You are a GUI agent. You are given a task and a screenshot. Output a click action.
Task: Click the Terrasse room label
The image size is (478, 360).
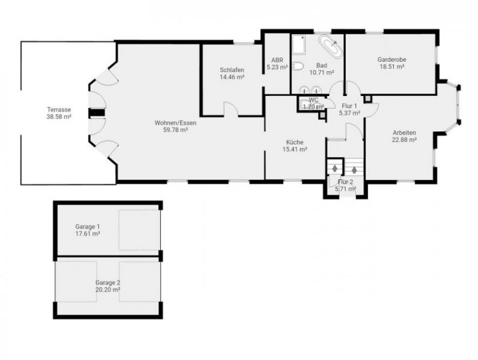click(59, 110)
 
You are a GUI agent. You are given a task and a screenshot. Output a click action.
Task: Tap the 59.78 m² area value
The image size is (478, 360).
click(175, 130)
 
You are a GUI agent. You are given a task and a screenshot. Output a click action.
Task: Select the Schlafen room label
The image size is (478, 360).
click(232, 70)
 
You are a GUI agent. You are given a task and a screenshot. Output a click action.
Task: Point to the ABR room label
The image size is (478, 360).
click(277, 60)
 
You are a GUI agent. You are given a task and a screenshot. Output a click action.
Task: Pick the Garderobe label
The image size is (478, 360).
click(391, 59)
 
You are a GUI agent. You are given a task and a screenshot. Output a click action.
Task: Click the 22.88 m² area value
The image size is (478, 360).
click(405, 140)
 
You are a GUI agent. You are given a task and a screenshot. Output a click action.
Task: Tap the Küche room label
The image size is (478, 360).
click(295, 142)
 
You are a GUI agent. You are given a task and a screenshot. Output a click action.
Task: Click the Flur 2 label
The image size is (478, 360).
click(346, 181)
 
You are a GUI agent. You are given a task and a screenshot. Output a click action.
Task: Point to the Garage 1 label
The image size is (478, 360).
click(87, 227)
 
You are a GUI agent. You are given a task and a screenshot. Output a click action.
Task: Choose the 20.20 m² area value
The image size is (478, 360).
click(107, 289)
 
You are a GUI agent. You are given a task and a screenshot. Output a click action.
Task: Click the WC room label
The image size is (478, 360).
click(313, 100)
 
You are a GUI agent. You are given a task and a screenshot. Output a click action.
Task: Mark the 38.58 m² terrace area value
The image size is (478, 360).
click(59, 117)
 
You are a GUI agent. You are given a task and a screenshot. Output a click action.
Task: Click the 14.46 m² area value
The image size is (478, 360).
click(232, 77)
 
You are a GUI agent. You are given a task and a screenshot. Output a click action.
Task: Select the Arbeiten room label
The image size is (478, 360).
click(405, 133)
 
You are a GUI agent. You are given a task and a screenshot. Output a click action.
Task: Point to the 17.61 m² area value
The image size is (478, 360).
click(87, 234)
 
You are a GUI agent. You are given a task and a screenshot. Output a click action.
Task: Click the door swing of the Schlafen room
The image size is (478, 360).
click(230, 109)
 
